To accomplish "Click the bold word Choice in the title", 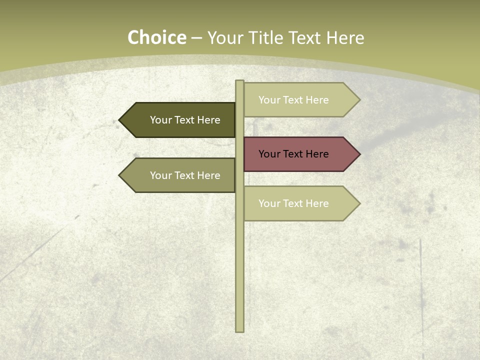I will pyautogui.click(x=156, y=38).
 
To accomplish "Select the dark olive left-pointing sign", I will pyautogui.click(x=177, y=120).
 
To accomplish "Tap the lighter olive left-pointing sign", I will pyautogui.click(x=177, y=175).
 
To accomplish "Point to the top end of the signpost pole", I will pyautogui.click(x=239, y=82).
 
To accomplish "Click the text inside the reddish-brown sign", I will pyautogui.click(x=293, y=154).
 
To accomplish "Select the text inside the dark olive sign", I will pyautogui.click(x=185, y=120).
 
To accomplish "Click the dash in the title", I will pyautogui.click(x=196, y=38).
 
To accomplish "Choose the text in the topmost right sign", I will pyautogui.click(x=293, y=100).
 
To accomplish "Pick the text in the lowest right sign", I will pyautogui.click(x=293, y=203).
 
